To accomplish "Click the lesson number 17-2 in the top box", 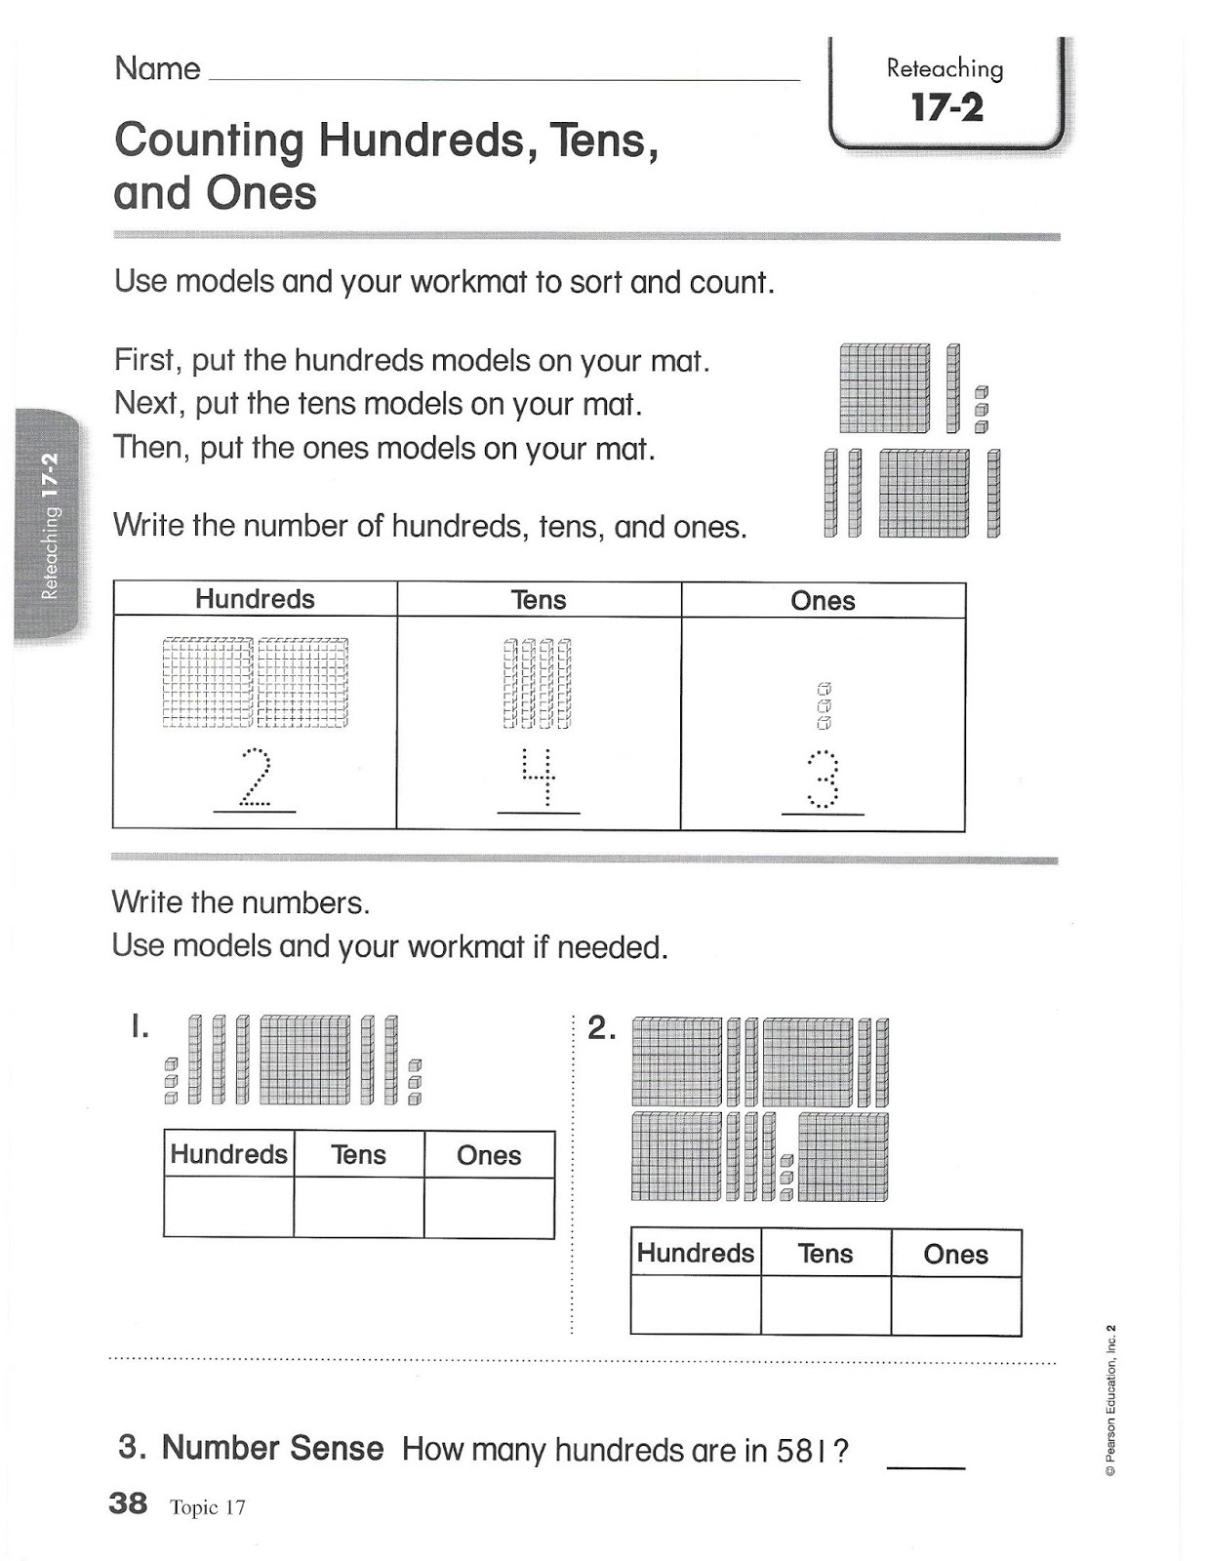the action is coord(946,107).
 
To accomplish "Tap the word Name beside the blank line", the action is coord(157,69).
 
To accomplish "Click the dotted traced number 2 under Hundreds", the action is coord(255,779).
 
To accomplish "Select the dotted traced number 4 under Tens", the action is coord(538,779).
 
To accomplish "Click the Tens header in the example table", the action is coord(539,600).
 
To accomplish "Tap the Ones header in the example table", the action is coord(823,601).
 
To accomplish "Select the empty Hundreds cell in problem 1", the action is coord(228,1207).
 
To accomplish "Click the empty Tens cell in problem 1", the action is coord(358,1207).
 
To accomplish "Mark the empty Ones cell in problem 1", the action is coord(489,1208).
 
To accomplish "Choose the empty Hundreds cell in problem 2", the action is coord(696,1305).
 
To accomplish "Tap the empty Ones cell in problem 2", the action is coord(956,1306).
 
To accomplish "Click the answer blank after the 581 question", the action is coord(926,1468).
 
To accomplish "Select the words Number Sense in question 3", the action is coord(272,1448).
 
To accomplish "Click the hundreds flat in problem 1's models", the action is coord(305,1059).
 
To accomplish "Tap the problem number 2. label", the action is coord(602,1028).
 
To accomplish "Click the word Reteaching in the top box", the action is coord(945,69).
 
